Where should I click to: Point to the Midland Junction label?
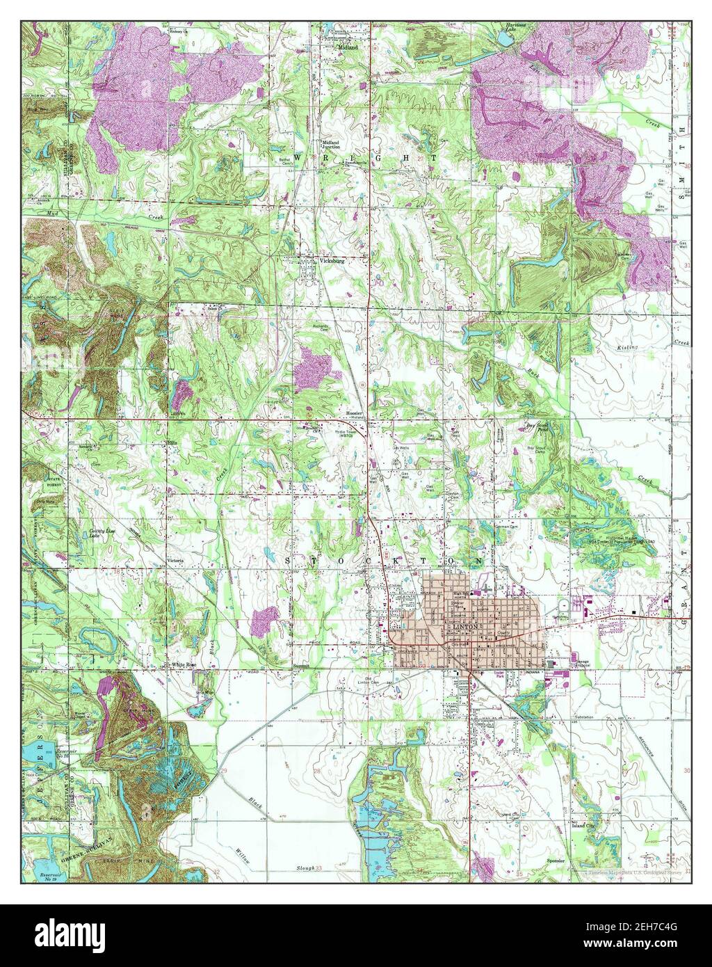pos(330,145)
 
